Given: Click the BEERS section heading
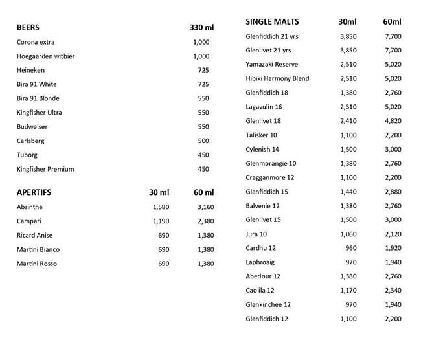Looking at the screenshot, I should pyautogui.click(x=28, y=28).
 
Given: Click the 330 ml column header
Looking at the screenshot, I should pyautogui.click(x=201, y=28).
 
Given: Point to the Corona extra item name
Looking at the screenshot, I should pyautogui.click(x=36, y=42).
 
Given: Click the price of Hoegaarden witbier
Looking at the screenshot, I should pyautogui.click(x=201, y=56).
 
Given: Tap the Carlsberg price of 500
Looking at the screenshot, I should pyautogui.click(x=203, y=141).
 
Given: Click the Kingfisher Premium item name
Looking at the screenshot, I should pyautogui.click(x=46, y=170).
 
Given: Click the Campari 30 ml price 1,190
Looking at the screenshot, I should pyautogui.click(x=159, y=221).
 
